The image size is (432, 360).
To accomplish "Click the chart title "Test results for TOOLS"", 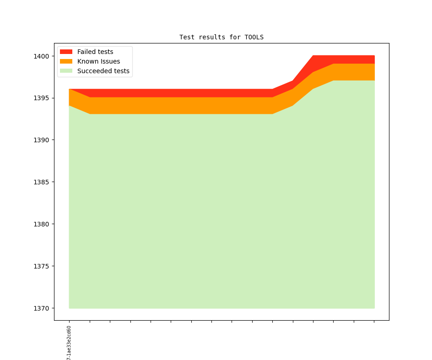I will pos(221,37).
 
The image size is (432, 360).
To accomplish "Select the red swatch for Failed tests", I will pos(66,52).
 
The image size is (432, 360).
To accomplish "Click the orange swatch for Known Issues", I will pos(66,61).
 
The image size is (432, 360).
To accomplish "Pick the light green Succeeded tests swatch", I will pos(66,71).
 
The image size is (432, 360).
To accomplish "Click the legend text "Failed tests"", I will pos(95,52).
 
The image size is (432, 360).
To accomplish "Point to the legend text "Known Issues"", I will pos(98,61).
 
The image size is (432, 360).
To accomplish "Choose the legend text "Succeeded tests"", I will pos(103,71).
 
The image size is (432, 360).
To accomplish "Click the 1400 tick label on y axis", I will pos(41,56).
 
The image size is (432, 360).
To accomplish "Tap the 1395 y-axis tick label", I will pos(41,98).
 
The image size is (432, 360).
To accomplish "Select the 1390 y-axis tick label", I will pos(41,140).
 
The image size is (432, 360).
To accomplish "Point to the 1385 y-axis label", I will pos(41,182).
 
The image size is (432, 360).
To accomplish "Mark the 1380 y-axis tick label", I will pos(41,224).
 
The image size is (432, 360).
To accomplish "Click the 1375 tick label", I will pos(41,266).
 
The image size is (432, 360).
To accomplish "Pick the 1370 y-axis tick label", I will pos(41,308).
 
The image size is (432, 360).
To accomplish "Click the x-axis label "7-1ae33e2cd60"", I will pos(69,343).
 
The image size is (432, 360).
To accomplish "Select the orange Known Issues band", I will pos(183,106).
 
